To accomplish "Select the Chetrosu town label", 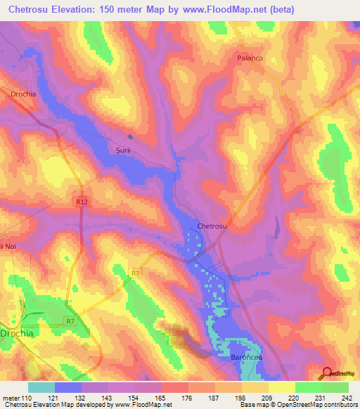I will [211, 226].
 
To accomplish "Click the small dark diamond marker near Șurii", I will [130, 137].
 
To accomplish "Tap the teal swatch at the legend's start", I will [41, 387].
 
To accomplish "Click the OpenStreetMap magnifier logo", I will [327, 372].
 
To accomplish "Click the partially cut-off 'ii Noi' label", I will [8, 245].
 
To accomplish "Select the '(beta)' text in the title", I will [275, 9].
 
